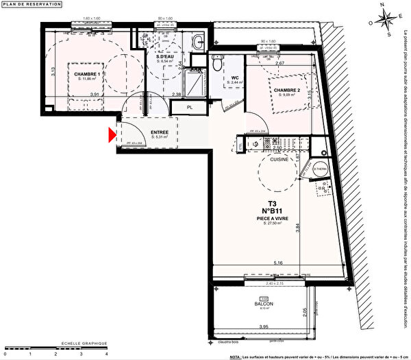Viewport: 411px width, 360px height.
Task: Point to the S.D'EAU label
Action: tap(167, 57)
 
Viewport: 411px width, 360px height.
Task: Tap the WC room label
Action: tap(235, 77)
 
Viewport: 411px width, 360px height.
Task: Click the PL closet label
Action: tap(188, 107)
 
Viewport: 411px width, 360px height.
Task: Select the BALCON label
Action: tap(264, 303)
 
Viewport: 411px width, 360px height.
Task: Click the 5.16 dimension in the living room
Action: tap(277, 262)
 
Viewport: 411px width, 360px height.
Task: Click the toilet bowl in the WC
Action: tap(216, 65)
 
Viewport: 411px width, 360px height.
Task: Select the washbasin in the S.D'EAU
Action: tap(197, 40)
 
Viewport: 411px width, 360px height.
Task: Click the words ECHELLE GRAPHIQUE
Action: tap(83, 343)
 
